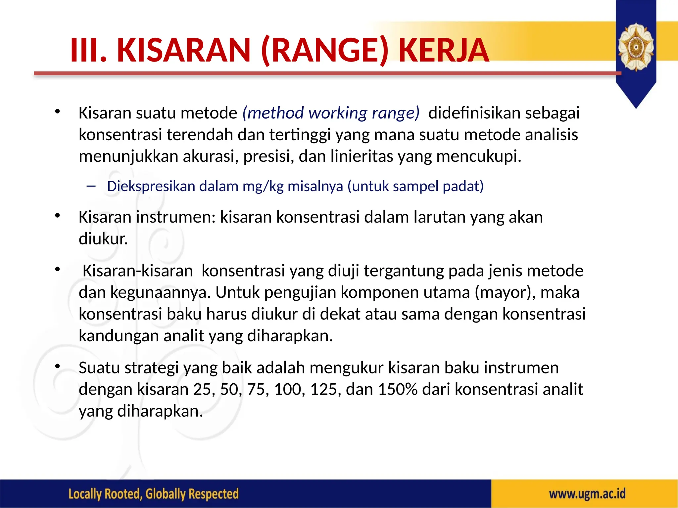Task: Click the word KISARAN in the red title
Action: pos(184,50)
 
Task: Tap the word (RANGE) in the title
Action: pos(325,50)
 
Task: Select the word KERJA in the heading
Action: pos(444,50)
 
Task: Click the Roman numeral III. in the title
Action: pos(89,50)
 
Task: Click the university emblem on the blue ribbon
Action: pos(636,47)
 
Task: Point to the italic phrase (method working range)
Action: pos(331,113)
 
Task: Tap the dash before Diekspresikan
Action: pos(91,186)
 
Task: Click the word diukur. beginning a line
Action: pos(103,239)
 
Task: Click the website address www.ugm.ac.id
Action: pos(587,494)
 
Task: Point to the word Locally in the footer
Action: pos(84,494)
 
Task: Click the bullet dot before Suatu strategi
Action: pos(58,366)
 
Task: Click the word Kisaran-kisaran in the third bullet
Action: pos(138,271)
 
